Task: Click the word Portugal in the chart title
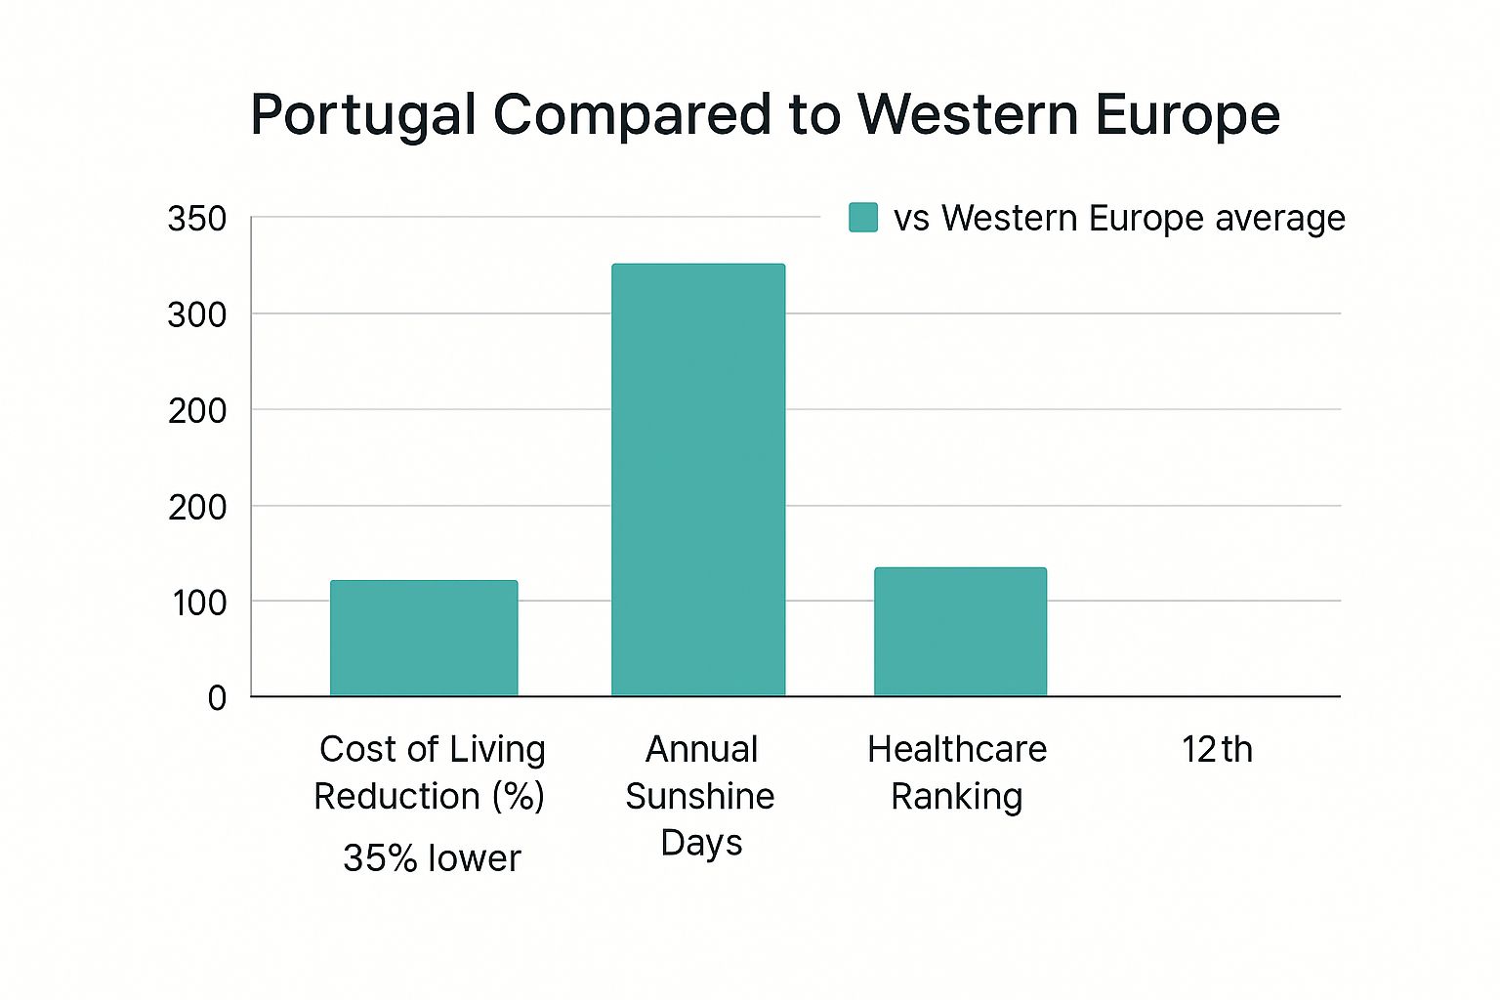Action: (363, 116)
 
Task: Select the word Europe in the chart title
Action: (1187, 116)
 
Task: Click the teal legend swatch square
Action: (863, 218)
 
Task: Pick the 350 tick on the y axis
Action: (196, 219)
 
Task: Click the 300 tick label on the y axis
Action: (196, 314)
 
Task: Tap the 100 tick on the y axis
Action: (199, 603)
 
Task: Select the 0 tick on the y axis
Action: (217, 697)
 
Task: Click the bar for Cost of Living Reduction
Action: (424, 639)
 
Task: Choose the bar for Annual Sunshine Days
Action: (698, 479)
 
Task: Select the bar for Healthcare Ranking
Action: (960, 632)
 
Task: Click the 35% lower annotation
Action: (432, 858)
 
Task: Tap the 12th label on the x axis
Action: (1217, 750)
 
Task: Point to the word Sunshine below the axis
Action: (700, 797)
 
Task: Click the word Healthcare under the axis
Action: (957, 750)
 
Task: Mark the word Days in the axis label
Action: (701, 843)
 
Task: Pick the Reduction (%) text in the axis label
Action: (429, 797)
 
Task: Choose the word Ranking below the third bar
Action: (957, 797)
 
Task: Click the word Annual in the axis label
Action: (701, 750)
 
